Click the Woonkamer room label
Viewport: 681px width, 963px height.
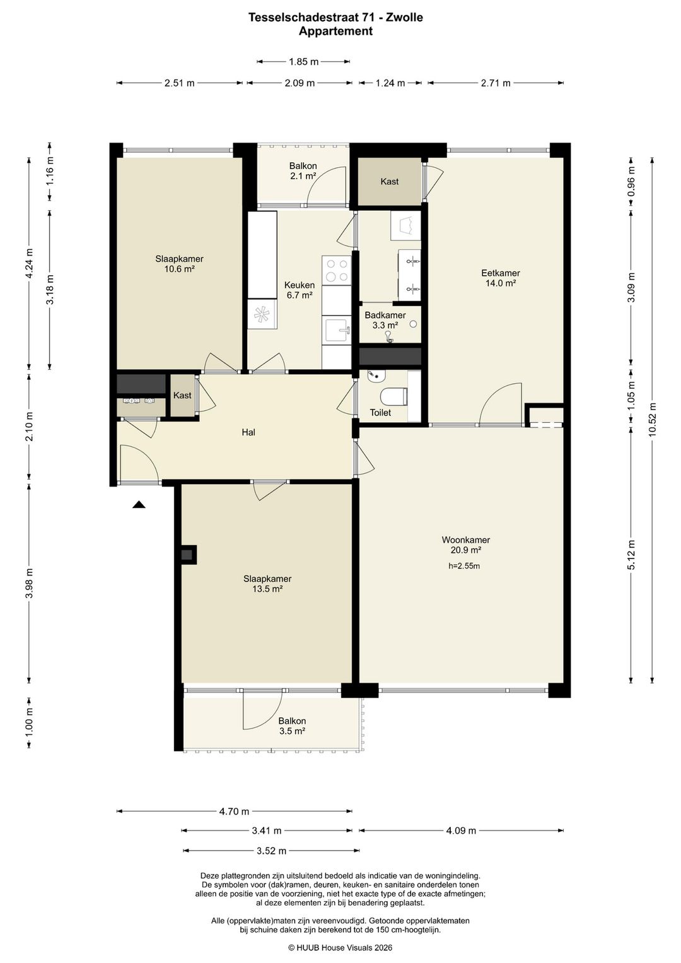466,540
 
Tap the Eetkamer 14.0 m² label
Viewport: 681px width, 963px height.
501,278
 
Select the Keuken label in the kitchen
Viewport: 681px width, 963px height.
300,285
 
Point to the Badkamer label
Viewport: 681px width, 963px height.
385,315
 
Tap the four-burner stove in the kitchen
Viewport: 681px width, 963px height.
337,270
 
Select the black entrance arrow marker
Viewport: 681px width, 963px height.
139,504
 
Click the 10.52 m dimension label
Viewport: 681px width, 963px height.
652,420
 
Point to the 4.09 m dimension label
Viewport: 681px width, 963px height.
462,830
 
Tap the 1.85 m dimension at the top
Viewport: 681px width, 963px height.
303,62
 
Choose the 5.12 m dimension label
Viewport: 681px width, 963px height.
631,555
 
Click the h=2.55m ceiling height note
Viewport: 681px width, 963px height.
464,566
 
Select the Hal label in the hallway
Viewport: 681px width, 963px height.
248,432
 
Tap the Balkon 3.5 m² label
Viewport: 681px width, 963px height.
292,726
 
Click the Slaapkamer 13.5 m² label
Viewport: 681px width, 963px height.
267,584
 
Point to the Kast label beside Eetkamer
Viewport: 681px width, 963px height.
389,181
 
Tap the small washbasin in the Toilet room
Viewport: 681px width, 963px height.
377,375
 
